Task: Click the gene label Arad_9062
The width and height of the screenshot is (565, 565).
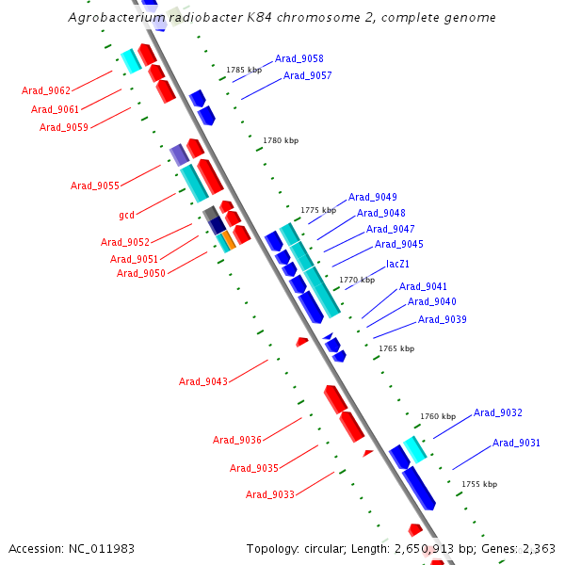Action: tap(46, 90)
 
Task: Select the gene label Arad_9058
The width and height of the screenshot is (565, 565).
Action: tap(299, 58)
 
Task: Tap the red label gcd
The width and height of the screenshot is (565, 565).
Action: tap(126, 215)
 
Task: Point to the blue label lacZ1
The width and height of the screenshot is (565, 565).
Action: tap(397, 264)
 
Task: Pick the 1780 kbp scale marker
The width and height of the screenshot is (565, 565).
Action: tap(281, 140)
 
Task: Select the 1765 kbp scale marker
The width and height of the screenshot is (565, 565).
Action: tap(396, 348)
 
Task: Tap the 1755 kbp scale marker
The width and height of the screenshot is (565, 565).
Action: tap(479, 484)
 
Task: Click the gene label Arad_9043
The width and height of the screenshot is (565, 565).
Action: tap(203, 381)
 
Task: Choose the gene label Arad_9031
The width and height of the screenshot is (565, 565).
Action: tap(517, 443)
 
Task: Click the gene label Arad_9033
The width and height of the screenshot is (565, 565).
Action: tap(270, 494)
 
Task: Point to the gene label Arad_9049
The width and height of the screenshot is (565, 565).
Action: tap(373, 197)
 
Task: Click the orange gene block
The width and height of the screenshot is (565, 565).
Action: tap(228, 240)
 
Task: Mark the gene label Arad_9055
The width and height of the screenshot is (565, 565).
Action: tap(95, 186)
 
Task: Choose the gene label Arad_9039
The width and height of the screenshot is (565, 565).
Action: tap(443, 319)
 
